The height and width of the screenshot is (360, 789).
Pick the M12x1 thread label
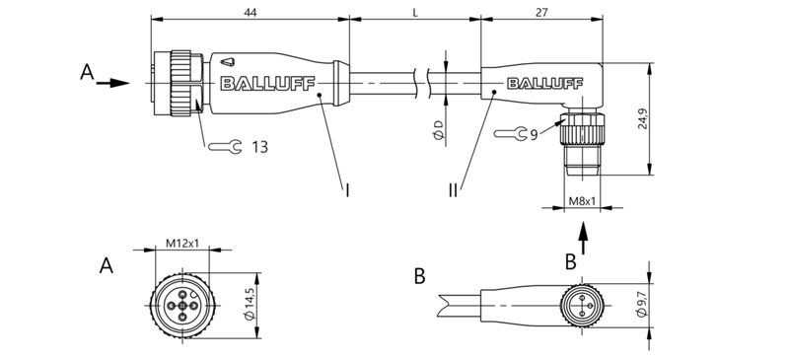[x=182, y=243]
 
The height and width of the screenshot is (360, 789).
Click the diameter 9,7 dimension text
[x=642, y=303]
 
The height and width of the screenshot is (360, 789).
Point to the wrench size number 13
[x=259, y=147]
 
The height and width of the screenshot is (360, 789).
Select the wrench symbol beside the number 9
[x=505, y=133]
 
